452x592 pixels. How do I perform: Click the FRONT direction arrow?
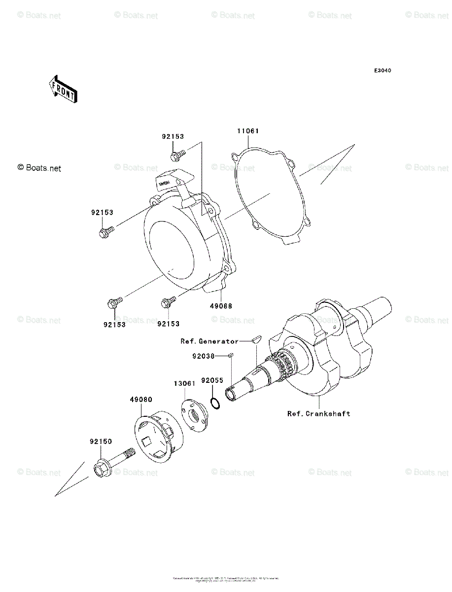62,88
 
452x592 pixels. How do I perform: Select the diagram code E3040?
382,71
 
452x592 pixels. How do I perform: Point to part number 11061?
247,131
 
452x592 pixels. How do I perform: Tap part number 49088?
221,306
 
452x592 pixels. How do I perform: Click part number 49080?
141,399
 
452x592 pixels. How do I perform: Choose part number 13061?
184,383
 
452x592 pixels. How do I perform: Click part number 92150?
101,442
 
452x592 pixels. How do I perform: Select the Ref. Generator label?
209,341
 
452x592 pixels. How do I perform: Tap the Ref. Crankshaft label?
319,413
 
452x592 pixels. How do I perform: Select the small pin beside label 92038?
231,354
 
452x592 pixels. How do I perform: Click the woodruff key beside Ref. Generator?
256,339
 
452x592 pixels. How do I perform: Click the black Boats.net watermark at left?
39,168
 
